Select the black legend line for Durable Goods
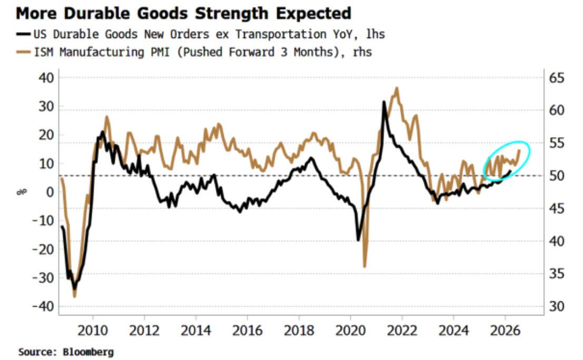25,35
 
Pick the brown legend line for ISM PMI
25,52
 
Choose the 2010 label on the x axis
93,332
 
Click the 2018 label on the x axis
299,332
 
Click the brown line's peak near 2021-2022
397,88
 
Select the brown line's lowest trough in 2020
364,267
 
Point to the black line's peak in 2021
384,102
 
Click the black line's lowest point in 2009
75,289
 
